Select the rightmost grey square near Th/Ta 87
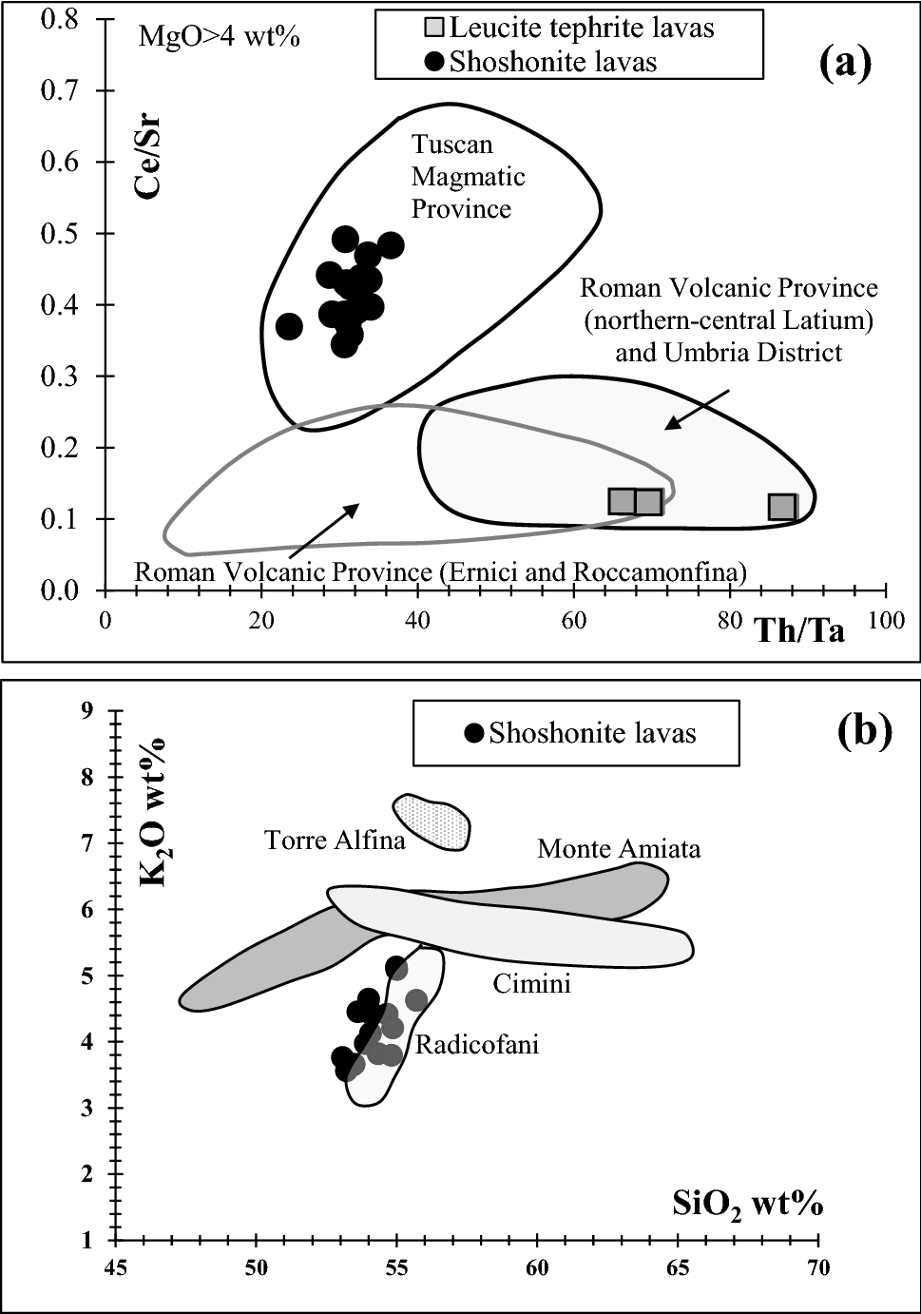coord(782,507)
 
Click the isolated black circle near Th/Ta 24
coord(289,326)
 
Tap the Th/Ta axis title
coord(799,630)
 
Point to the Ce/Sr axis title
coord(146,158)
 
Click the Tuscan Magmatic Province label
coord(468,177)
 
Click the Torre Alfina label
coord(335,841)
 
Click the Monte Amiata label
coord(619,848)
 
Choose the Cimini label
coord(531,983)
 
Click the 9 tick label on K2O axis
coord(87,710)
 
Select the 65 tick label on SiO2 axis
coord(678,1267)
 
